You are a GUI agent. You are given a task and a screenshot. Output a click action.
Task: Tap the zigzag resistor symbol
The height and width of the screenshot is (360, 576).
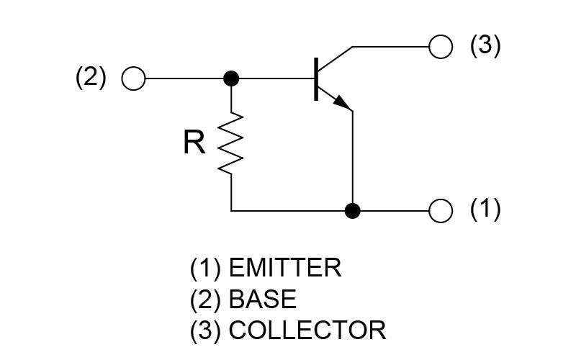pos(230,143)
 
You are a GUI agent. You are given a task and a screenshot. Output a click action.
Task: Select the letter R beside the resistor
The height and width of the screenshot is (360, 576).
pos(194,143)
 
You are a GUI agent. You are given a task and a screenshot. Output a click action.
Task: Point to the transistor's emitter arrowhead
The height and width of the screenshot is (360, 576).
pos(343,103)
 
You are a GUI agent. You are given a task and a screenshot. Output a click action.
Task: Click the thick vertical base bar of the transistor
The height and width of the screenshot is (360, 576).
pos(316,78)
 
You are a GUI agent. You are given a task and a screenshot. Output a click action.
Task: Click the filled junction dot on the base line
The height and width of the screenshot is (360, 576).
pos(231,78)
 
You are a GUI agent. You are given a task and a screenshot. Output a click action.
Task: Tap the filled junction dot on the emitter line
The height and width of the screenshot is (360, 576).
pos(353,211)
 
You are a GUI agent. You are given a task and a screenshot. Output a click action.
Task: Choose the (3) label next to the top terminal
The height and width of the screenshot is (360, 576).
pos(485,45)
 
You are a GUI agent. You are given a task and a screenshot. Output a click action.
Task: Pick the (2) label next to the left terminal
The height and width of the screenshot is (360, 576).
pos(91,78)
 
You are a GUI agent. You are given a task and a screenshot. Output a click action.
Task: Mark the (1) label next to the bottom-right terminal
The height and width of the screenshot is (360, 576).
pos(485,210)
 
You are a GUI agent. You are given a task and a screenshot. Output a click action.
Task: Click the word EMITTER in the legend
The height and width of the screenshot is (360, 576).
pos(285,268)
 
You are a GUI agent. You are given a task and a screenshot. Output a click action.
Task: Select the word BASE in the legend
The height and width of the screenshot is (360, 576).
pos(263,299)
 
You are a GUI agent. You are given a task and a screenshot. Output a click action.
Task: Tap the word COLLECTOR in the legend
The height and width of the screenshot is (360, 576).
pos(307,330)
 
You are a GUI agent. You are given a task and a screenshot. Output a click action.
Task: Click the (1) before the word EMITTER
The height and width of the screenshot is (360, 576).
pos(205,268)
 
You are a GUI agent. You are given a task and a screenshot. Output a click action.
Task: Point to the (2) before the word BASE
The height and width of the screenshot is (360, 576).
pos(205,300)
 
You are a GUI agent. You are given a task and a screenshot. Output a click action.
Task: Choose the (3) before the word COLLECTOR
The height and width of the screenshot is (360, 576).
pos(205,330)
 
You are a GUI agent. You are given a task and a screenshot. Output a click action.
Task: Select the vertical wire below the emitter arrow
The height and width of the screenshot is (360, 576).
pos(353,161)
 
